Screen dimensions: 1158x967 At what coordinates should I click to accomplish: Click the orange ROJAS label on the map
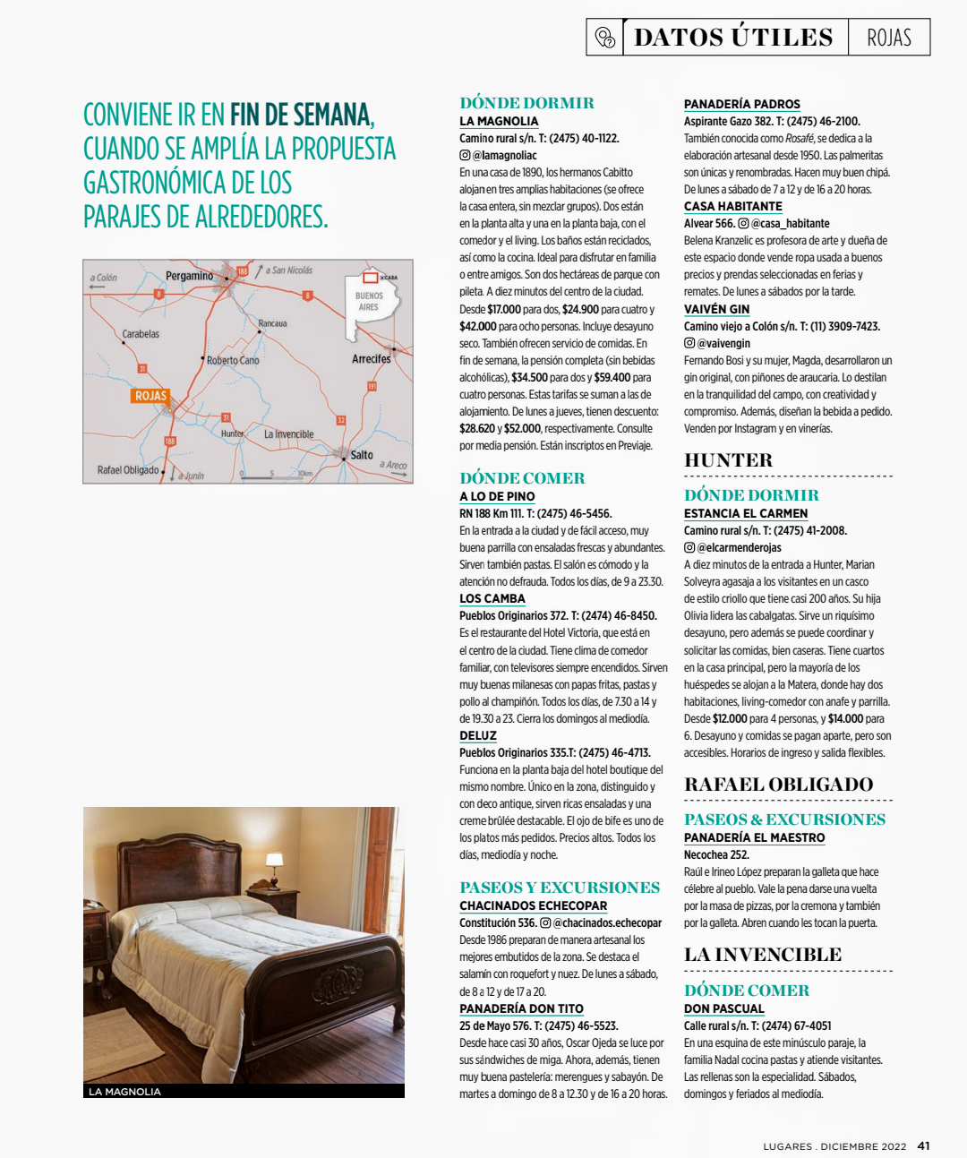coord(150,396)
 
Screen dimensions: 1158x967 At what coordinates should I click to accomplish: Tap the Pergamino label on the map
coord(189,276)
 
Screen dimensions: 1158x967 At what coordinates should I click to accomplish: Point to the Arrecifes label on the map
coord(371,359)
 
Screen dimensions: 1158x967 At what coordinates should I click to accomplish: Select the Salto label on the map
coord(362,455)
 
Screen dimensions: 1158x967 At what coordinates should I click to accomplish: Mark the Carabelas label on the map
coord(141,334)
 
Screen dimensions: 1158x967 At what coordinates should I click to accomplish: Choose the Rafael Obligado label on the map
coord(128,470)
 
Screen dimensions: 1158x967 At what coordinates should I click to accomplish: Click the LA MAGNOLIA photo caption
coord(124,1092)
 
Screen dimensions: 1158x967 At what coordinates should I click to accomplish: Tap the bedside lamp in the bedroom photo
coord(275,866)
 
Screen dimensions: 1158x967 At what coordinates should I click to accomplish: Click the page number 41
coord(924,1145)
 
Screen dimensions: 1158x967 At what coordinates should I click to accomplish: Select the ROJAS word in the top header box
coord(888,38)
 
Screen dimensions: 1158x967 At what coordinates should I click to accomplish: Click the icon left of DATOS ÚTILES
coord(605,38)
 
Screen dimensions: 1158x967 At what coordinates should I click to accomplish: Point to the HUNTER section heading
coord(728,460)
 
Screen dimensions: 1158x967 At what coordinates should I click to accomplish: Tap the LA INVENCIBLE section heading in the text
coord(763,955)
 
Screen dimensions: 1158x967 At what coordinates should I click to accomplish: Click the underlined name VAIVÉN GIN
coord(716,309)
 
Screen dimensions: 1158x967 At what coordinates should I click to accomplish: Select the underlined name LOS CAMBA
coord(492,599)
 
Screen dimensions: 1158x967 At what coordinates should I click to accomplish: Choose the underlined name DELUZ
coord(478,735)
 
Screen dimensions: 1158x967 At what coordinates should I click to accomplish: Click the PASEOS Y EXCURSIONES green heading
coord(560,888)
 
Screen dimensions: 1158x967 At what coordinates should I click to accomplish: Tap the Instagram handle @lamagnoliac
coord(504,156)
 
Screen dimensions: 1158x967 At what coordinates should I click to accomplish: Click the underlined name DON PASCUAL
coord(723,1008)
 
